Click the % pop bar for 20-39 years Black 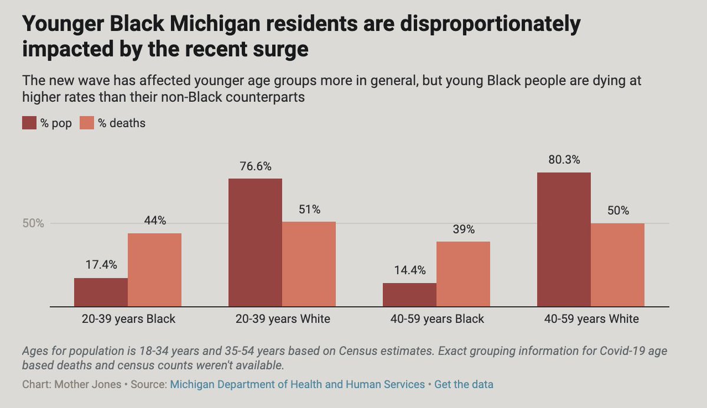pos(101,292)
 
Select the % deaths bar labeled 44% pos(154,270)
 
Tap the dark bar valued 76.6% pos(255,242)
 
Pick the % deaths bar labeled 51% pos(309,264)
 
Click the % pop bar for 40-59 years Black pos(409,294)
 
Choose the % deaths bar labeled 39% pos(463,274)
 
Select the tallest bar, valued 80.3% pos(564,239)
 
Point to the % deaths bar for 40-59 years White pos(617,265)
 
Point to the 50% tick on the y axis pos(34,224)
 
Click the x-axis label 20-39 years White pos(282,319)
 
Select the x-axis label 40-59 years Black pos(436,319)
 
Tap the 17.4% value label pos(101,266)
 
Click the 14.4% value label pos(409,271)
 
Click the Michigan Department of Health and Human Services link pos(298,384)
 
